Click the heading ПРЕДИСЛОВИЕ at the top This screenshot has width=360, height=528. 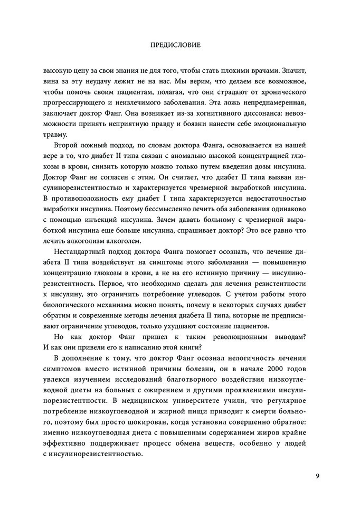pyautogui.click(x=179, y=45)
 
